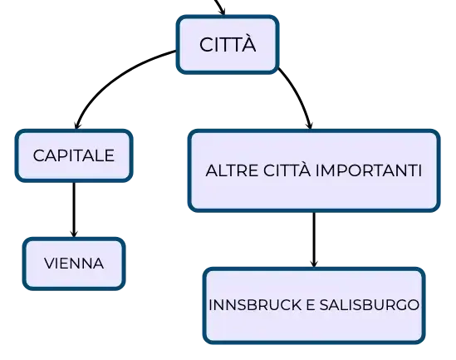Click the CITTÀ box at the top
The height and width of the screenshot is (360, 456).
pos(228,44)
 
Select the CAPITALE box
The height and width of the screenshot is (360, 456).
pos(74,155)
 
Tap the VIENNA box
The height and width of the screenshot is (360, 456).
pos(74,264)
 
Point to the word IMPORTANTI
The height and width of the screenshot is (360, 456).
pos(369,170)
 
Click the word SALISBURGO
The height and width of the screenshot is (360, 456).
pos(370,305)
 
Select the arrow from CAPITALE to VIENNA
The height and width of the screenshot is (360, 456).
pos(74,210)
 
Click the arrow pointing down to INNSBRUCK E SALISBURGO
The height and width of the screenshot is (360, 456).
pos(314,239)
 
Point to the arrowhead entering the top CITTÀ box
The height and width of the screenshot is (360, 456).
pos(223,11)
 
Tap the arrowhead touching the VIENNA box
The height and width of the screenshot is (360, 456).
pos(74,233)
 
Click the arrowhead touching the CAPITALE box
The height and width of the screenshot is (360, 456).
pos(77,125)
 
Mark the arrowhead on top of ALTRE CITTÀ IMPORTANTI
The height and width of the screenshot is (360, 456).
pos(310,125)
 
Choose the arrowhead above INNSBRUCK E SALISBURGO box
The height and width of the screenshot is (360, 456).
pos(314,263)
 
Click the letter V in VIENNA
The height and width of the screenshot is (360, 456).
pos(50,264)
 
